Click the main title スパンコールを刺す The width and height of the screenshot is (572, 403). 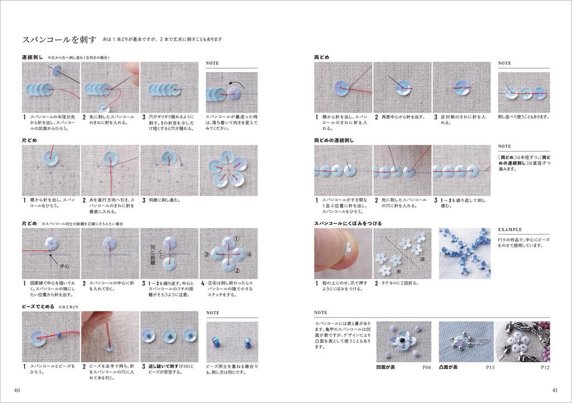tap(59, 40)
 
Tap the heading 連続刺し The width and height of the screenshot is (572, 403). tap(33, 57)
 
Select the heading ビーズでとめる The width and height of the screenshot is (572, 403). tap(39, 307)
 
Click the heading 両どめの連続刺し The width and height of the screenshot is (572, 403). tap(334, 141)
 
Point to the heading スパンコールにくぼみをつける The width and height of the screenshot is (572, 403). tap(348, 223)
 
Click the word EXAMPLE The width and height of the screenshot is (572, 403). tap(510, 229)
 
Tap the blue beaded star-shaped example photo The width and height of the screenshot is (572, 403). tap(464, 253)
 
